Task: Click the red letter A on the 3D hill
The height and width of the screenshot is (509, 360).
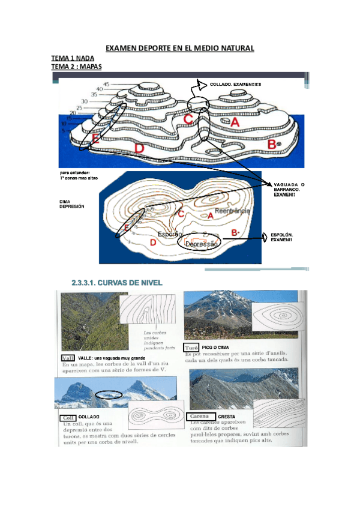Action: tap(235, 122)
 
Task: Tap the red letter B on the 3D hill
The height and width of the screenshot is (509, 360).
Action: tap(272, 145)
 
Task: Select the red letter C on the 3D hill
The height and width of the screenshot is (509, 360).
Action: tap(188, 119)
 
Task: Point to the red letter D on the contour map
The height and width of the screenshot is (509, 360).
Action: tap(153, 242)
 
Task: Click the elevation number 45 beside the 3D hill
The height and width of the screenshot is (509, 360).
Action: tap(106, 84)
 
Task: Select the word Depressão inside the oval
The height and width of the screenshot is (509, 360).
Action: tap(200, 244)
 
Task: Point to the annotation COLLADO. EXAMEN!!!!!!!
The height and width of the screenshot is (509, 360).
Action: tap(236, 84)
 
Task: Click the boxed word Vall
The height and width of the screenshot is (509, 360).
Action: tap(68, 357)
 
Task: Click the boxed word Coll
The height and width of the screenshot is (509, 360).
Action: tap(67, 417)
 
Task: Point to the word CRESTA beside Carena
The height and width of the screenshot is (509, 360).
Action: tap(226, 416)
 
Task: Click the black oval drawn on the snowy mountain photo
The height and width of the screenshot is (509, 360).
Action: tap(109, 394)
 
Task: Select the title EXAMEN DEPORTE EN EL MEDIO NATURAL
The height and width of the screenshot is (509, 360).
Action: tap(180, 47)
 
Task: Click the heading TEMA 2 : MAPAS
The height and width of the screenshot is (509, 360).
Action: tap(77, 66)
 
